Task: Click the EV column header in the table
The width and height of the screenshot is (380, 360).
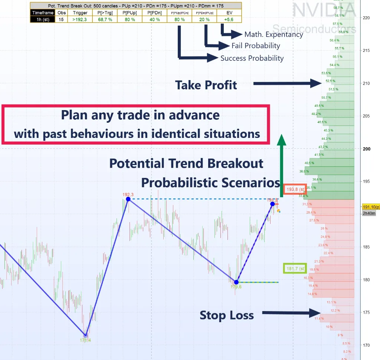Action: click(229, 13)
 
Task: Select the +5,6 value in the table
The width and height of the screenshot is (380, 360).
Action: click(229, 19)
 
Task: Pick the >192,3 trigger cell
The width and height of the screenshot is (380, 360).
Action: click(80, 19)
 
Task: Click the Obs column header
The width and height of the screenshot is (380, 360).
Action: click(62, 13)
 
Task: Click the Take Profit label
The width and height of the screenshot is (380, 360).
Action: click(206, 85)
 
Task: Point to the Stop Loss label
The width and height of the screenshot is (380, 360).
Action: click(227, 315)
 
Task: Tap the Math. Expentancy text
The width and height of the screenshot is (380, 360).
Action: click(274, 34)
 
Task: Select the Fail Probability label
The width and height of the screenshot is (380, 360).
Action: click(256, 46)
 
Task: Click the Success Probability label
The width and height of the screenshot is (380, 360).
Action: click(252, 58)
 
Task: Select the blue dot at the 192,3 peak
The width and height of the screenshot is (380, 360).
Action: click(128, 199)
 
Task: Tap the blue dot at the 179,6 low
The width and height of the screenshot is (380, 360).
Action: click(236, 282)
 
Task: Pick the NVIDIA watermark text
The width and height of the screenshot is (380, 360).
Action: click(324, 10)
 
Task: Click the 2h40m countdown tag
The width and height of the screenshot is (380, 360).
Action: click(369, 213)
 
